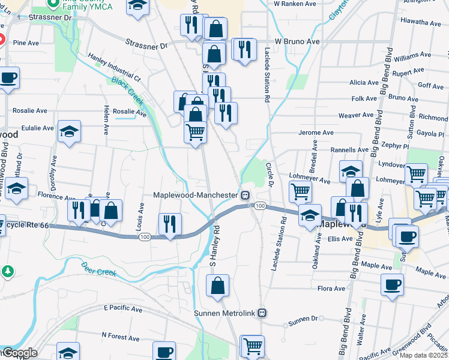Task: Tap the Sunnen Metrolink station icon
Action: [262, 313]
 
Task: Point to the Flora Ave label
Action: [331, 289]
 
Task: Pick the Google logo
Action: [19, 353]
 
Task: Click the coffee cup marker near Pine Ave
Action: [8, 78]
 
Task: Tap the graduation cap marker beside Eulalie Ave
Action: [69, 131]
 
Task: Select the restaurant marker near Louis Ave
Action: [170, 224]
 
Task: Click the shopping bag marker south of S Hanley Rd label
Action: [217, 286]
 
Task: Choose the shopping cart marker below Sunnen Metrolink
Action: [252, 346]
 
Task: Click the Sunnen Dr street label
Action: [302, 323]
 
